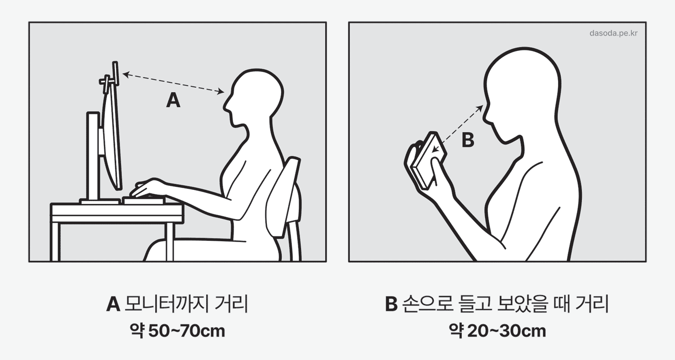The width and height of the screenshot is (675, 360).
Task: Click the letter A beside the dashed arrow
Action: coord(173,100)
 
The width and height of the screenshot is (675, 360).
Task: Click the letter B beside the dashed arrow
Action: coord(468,140)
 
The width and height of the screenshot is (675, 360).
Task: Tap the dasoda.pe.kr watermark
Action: coord(613,33)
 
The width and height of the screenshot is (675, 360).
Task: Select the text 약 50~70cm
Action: coord(177,331)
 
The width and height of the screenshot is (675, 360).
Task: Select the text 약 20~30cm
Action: coord(497,331)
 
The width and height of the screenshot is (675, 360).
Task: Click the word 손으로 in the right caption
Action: coord(428,304)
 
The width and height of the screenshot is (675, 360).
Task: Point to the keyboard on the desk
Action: coord(144,201)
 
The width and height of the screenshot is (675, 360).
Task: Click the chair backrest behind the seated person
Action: coord(283,196)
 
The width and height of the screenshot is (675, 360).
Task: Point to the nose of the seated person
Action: coord(226,105)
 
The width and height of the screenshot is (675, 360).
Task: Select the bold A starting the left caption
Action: coord(113,305)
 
